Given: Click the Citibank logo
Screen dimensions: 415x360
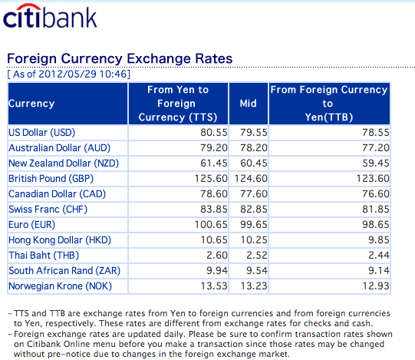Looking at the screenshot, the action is point(50,16).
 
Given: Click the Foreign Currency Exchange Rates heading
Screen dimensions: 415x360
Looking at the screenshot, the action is point(120,58).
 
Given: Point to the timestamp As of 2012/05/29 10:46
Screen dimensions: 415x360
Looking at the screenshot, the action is point(69,74).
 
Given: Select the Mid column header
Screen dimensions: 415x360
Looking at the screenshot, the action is point(249,104).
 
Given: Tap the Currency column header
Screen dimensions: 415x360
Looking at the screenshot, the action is point(31,104).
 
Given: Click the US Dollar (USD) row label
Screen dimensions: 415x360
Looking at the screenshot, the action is point(42,133).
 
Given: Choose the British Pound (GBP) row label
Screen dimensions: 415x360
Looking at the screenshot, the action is point(51,179).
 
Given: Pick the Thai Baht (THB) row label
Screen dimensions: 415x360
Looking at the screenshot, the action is point(44,256).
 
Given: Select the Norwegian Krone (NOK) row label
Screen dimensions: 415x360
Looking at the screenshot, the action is point(60,286).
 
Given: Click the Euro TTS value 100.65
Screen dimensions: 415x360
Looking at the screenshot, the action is point(211,225).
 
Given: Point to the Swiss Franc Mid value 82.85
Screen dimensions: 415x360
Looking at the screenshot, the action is point(254,210).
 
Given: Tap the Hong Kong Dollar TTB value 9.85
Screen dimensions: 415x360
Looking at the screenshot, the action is point(379,240).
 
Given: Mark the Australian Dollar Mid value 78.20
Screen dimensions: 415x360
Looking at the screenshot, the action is point(254,148).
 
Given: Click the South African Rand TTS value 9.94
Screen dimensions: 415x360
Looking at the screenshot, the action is point(217,271).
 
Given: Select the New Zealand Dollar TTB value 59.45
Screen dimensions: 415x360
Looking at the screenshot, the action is point(376,163).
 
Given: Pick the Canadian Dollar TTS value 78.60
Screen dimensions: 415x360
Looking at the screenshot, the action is point(214,194).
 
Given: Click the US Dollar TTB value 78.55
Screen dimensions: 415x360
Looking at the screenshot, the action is point(376,133).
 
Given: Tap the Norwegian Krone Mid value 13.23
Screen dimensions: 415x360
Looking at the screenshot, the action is point(254,286).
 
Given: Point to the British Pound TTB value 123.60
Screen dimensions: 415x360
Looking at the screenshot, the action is point(373,179).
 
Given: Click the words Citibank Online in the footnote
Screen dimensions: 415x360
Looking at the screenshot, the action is point(58,344).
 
